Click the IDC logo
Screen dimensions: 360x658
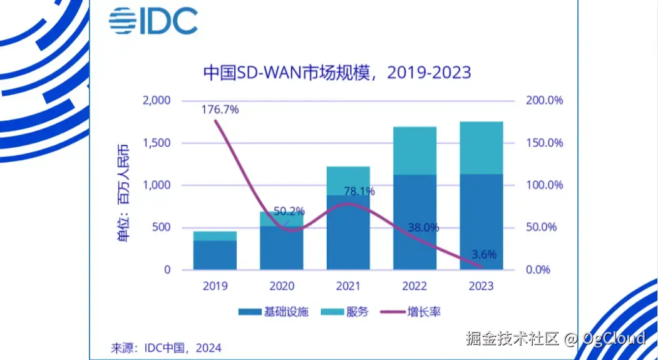pyautogui.click(x=153, y=21)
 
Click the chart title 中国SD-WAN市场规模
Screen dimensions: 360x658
pyautogui.click(x=337, y=73)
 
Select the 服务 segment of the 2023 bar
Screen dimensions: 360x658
pyautogui.click(x=481, y=148)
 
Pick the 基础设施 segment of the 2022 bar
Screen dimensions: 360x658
pyautogui.click(x=415, y=222)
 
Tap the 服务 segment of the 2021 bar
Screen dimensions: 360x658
pyautogui.click(x=348, y=181)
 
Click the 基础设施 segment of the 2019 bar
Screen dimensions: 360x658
pyautogui.click(x=215, y=255)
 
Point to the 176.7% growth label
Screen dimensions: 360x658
pyautogui.click(x=220, y=110)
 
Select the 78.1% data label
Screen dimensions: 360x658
pyautogui.click(x=359, y=192)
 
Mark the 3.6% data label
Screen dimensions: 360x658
pyautogui.click(x=483, y=254)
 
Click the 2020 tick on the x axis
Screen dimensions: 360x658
pyautogui.click(x=282, y=286)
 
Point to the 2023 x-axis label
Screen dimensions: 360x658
pyautogui.click(x=480, y=286)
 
